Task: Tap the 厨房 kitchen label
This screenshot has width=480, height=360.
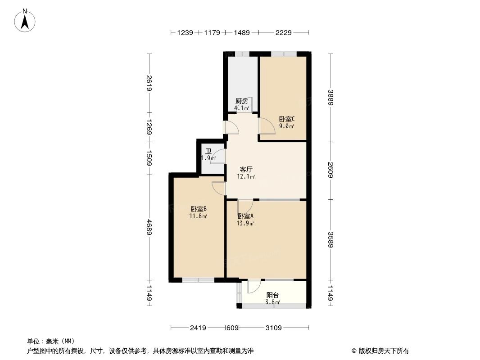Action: coord(241,101)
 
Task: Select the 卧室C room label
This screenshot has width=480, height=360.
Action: coord(286,119)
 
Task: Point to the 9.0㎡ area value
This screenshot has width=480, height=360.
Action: coord(286,126)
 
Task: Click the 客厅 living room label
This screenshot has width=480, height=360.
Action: coord(246,170)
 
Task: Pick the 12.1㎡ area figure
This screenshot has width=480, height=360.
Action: coord(246,176)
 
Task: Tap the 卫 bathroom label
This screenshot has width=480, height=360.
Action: coord(208,152)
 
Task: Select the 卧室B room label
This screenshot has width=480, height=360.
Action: coord(199,209)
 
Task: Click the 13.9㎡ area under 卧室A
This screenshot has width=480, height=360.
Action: coord(246,223)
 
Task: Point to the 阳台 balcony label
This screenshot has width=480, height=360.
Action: coord(272,295)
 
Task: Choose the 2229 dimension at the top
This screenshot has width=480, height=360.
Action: coord(284,32)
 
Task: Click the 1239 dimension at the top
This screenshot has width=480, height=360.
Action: coord(185,32)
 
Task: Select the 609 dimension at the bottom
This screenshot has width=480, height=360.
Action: coord(232,328)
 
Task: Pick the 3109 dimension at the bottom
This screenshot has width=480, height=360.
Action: coord(273,328)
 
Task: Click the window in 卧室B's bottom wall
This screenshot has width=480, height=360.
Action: coord(198,280)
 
